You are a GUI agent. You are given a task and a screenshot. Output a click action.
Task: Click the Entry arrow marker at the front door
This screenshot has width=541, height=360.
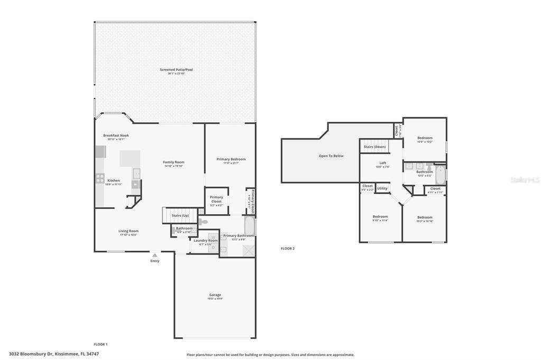point(155,255)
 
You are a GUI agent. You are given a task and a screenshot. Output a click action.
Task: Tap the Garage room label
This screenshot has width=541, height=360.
point(215,295)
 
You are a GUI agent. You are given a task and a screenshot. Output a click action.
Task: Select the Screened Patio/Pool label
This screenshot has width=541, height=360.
point(176,70)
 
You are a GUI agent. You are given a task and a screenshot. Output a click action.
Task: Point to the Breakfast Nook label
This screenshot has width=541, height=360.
point(116,136)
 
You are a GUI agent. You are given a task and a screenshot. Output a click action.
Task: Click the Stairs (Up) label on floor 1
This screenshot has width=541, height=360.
point(180,215)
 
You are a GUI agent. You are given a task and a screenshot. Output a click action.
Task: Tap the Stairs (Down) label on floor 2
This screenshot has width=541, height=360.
point(374,146)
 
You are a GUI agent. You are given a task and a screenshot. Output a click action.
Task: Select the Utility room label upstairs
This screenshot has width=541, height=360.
point(382,188)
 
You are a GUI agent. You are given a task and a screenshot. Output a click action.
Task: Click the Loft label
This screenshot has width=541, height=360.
point(383,163)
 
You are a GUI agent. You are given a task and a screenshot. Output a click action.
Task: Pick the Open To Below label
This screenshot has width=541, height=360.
point(331,156)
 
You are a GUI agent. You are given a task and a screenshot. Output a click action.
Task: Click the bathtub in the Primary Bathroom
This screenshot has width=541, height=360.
point(249,225)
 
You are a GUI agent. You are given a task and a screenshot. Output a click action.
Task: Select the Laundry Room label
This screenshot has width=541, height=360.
point(206,241)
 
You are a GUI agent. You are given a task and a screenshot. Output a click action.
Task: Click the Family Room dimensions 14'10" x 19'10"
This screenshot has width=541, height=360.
point(174,166)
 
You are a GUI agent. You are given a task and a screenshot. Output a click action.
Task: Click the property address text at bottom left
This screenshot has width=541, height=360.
point(54,354)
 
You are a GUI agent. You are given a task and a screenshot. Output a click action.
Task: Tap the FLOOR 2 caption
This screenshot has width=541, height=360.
point(287,248)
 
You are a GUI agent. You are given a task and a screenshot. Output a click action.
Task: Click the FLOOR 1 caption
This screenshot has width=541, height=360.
point(100,344)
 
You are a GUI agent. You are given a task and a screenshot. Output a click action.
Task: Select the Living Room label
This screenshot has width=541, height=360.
point(128,231)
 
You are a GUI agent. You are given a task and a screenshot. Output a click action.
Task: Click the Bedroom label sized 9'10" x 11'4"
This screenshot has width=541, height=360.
point(380,216)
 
